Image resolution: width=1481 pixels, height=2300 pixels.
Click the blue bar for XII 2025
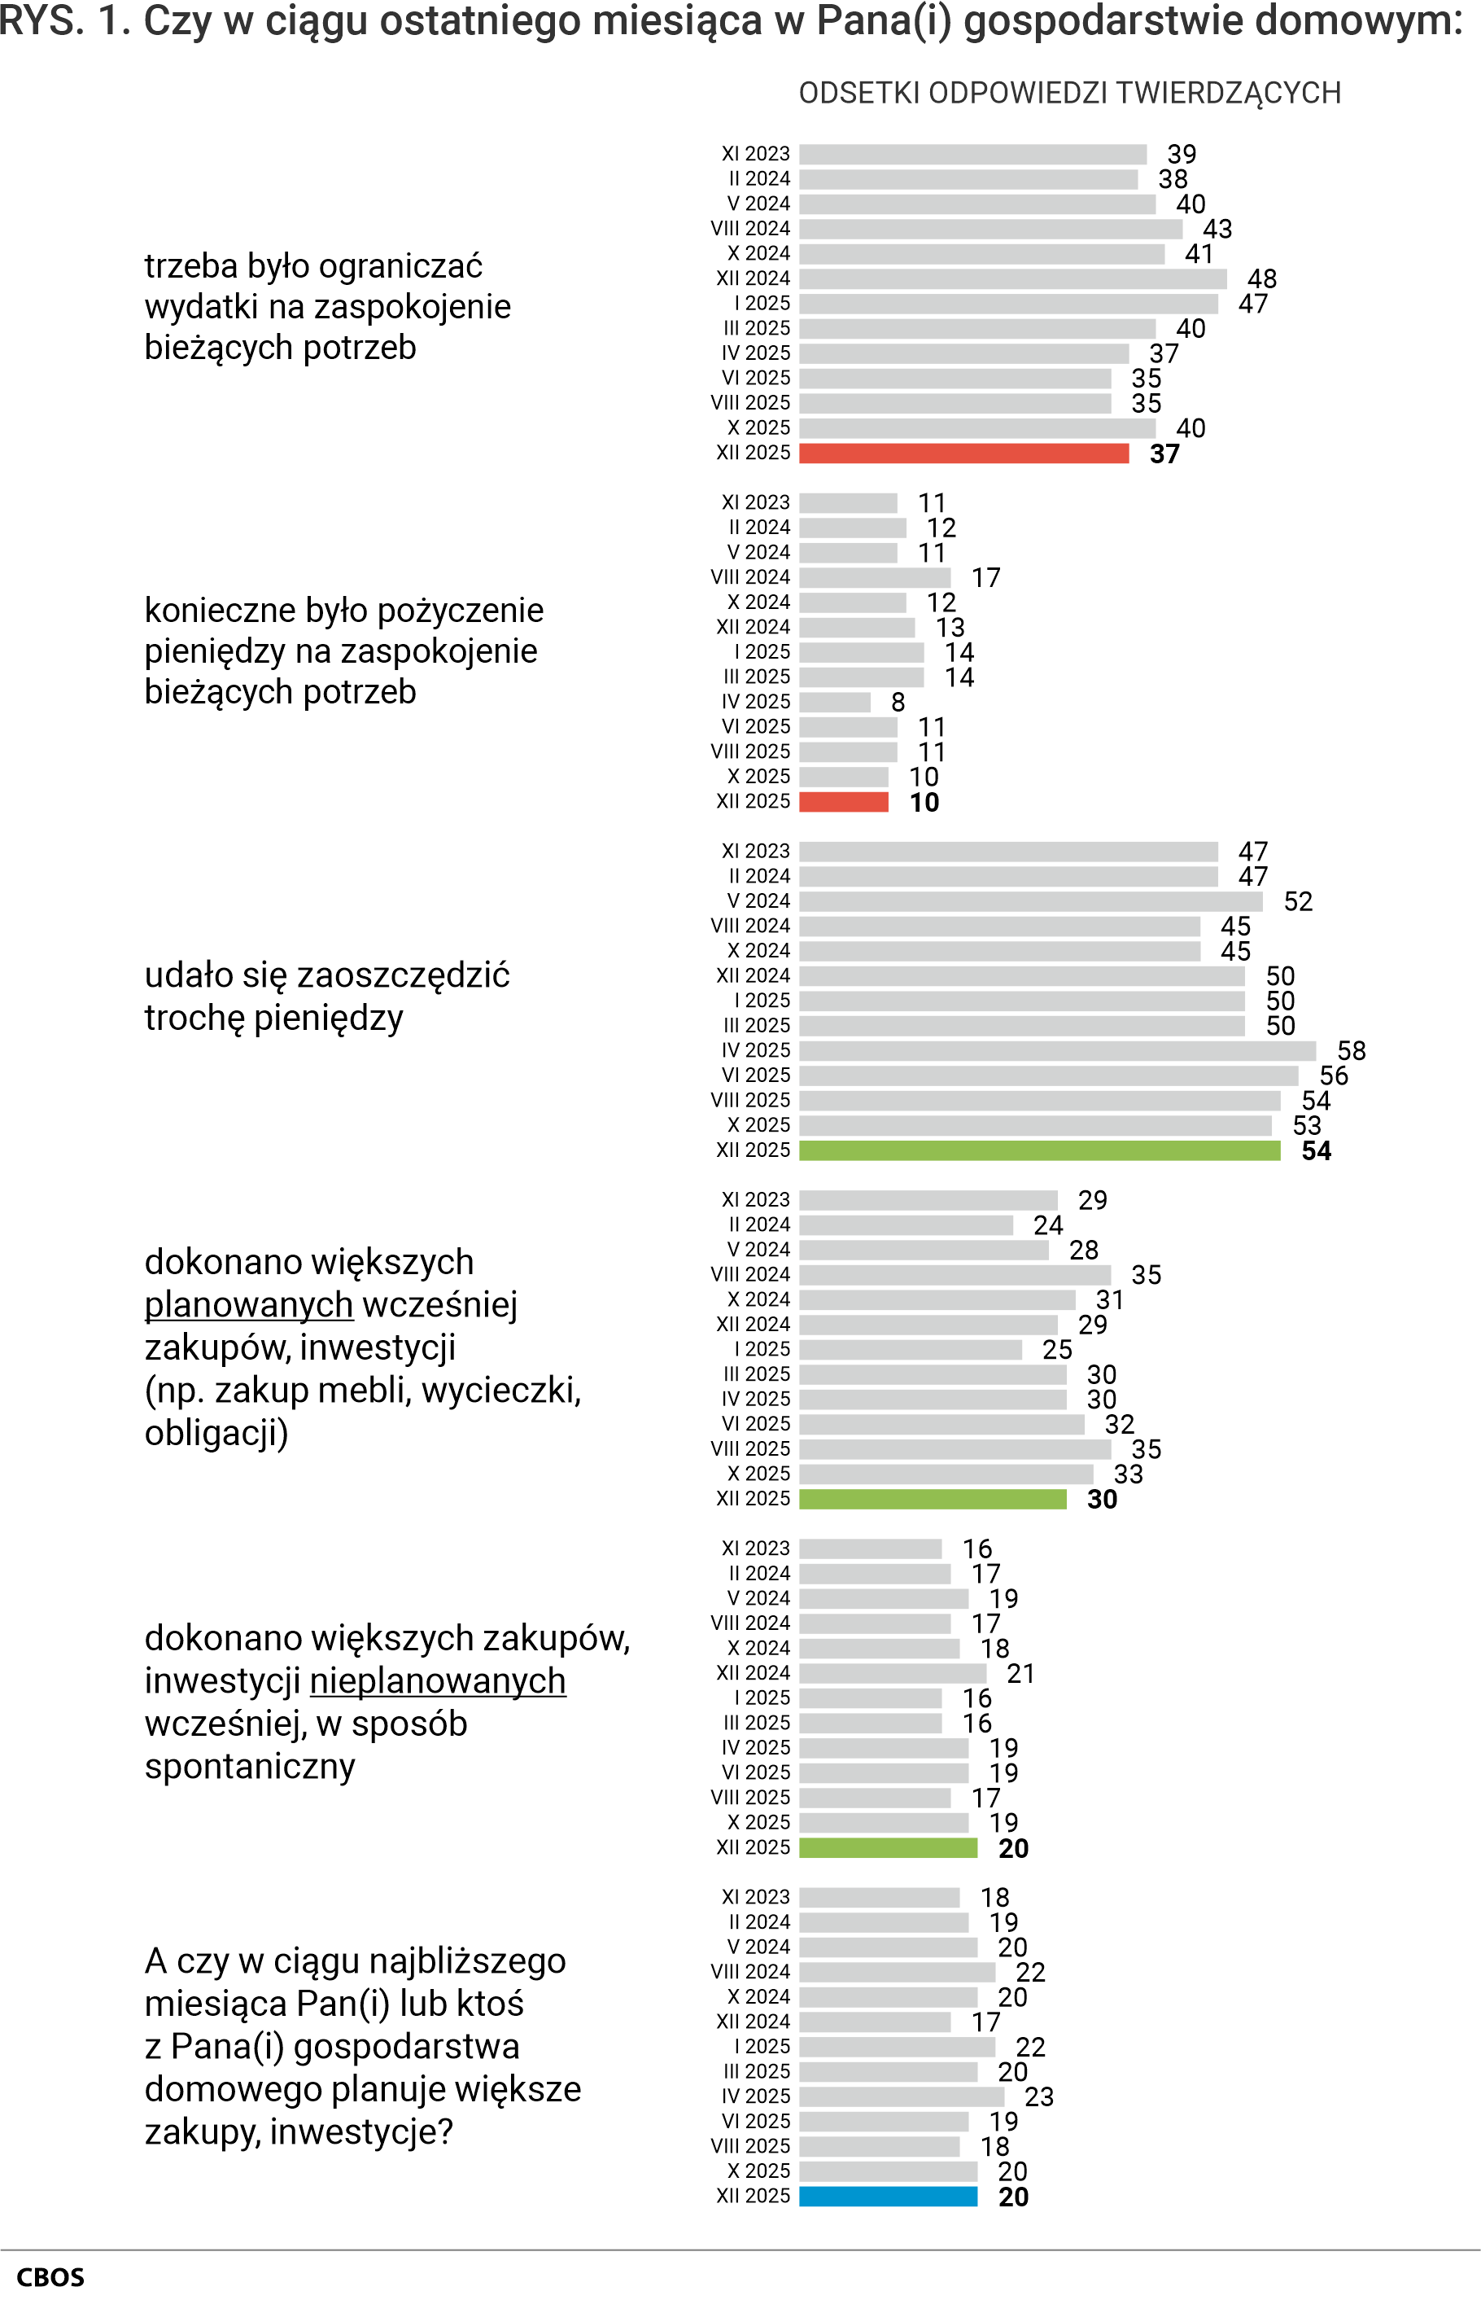point(888,2196)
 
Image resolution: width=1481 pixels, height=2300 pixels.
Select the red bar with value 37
point(963,453)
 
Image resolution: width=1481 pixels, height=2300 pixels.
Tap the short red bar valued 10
point(843,801)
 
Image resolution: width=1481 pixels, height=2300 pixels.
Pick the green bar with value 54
point(1040,1150)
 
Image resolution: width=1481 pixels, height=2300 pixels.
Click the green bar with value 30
point(933,1499)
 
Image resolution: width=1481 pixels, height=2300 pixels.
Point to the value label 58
point(1351,1050)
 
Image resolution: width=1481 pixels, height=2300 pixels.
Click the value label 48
point(1262,279)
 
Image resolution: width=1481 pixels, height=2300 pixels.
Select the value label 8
point(898,703)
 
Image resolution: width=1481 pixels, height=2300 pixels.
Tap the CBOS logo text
point(51,2277)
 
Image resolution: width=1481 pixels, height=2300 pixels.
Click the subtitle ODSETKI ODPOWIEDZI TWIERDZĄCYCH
point(1069,94)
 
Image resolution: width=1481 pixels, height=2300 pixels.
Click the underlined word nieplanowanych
point(438,1680)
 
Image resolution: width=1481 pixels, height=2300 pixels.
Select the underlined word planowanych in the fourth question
point(249,1304)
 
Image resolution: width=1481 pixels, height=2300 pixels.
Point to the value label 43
point(1217,229)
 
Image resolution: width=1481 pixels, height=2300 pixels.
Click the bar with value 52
point(1031,901)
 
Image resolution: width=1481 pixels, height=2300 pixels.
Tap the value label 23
point(1038,2096)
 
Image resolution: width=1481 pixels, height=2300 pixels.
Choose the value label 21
point(1020,1673)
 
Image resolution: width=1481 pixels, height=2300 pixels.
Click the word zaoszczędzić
point(404,975)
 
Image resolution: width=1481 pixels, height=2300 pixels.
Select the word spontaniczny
point(250,1766)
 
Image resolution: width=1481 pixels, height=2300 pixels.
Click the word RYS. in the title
point(41,21)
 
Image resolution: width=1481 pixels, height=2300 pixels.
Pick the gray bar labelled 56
point(1048,1076)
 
